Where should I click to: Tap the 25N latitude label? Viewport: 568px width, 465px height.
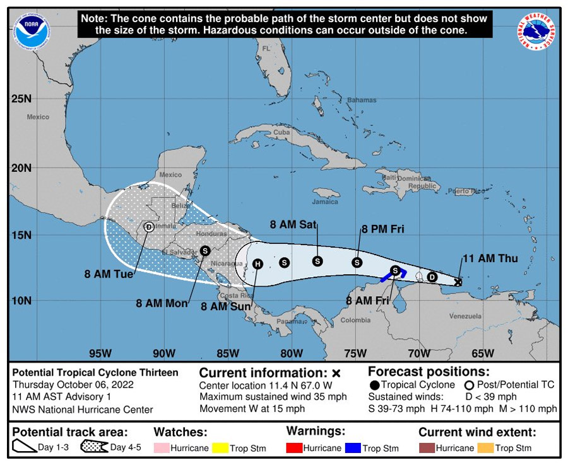coord(21,99)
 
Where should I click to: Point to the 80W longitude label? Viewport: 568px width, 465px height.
coord(291,353)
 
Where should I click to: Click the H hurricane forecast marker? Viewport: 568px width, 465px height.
coord(257,264)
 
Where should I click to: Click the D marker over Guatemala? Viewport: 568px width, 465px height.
coord(149,227)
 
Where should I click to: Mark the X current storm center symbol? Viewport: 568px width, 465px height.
coord(458,282)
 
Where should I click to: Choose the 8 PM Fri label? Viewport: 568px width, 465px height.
coord(382,229)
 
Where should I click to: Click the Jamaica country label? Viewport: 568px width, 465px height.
coord(326,202)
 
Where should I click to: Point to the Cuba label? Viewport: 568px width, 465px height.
coord(281,132)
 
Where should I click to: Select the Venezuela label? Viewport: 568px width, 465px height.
coord(465,316)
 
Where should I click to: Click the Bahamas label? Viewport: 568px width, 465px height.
coord(362,100)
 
